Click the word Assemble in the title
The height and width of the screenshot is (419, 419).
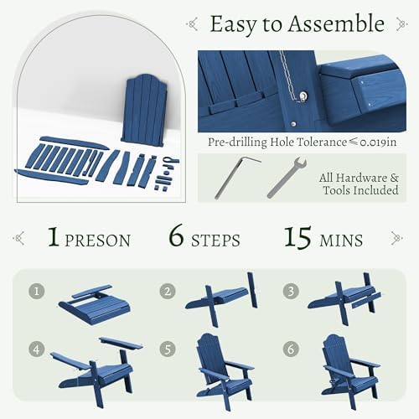(x=336, y=23)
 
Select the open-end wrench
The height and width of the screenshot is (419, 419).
(x=287, y=178)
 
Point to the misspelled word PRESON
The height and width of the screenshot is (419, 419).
(x=97, y=241)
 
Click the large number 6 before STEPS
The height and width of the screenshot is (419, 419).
(x=177, y=236)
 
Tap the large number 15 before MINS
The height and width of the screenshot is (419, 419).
(x=297, y=237)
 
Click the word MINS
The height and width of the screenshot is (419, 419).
(x=341, y=241)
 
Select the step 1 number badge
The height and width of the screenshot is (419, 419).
(x=37, y=291)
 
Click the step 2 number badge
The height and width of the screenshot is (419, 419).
(x=168, y=291)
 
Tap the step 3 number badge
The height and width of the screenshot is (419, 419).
(x=291, y=291)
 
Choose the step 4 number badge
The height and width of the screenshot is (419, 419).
(x=37, y=349)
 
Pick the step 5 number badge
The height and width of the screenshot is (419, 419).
(x=168, y=349)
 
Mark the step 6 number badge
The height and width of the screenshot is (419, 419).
(x=291, y=349)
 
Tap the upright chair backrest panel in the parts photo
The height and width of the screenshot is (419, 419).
(x=144, y=110)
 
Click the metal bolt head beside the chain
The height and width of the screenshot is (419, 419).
(x=303, y=96)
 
